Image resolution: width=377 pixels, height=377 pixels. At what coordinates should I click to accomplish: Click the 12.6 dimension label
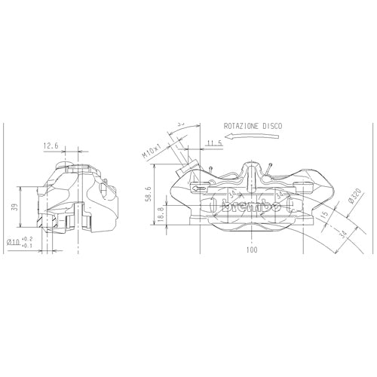pos(51,146)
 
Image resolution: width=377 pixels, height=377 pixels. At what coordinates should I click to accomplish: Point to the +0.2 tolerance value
pos(28,239)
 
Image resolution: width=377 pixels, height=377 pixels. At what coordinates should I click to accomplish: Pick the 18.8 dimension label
pos(160,214)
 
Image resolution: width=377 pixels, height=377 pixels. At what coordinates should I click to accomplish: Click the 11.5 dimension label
pos(213,143)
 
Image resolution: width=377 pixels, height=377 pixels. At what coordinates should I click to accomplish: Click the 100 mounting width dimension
pos(251,248)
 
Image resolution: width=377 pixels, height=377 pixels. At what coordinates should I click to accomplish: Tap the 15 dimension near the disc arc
pos(324,216)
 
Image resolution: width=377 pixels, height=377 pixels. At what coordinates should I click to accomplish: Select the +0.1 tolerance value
pos(28,247)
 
